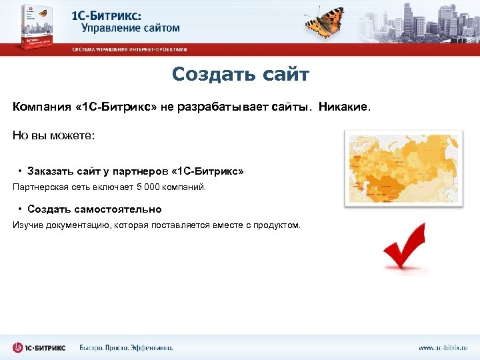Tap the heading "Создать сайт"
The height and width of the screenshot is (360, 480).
(x=240, y=74)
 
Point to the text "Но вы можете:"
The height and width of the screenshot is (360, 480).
(x=54, y=135)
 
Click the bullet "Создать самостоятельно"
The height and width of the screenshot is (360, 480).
(x=94, y=209)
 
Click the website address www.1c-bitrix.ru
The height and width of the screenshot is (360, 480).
(x=443, y=347)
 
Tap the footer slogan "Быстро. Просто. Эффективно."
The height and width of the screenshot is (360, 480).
(x=126, y=347)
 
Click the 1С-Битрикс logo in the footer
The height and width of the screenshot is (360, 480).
(x=40, y=347)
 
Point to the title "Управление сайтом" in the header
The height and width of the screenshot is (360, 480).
(x=131, y=28)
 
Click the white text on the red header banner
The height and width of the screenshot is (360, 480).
(x=129, y=49)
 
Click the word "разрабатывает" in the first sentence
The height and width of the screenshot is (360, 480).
(x=223, y=107)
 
